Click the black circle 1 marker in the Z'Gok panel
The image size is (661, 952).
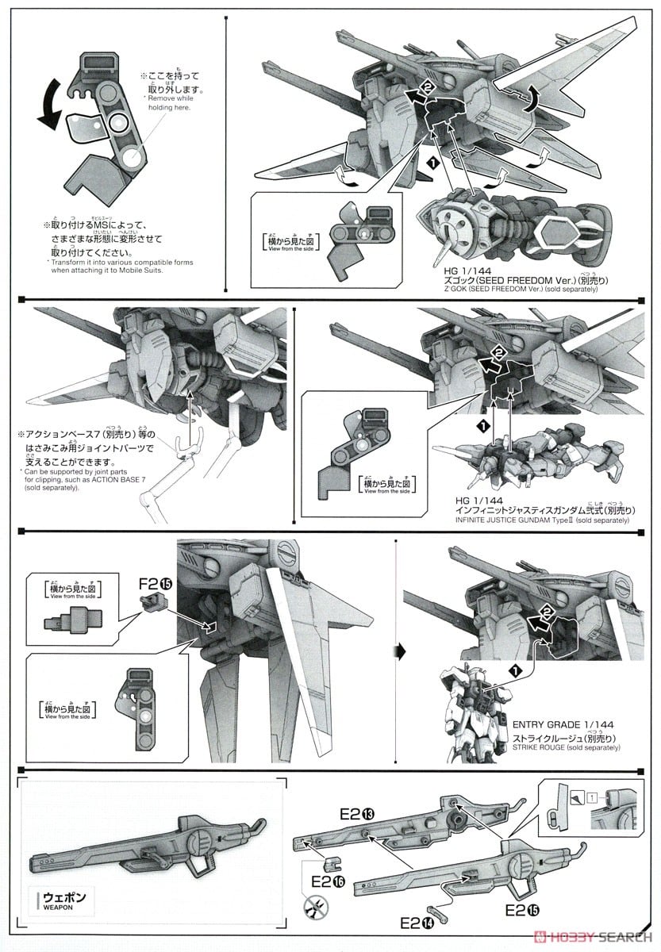pyautogui.click(x=432, y=162)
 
